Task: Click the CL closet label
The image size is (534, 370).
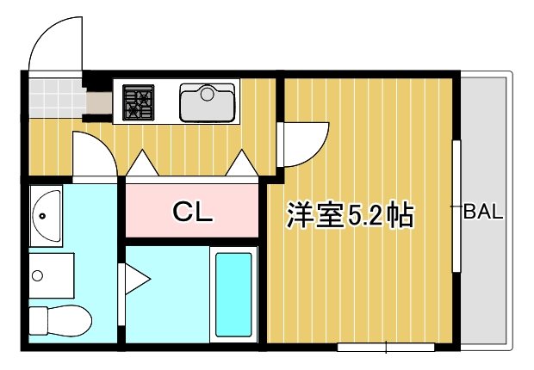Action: point(192,211)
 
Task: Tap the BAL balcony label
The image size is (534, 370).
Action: point(482,212)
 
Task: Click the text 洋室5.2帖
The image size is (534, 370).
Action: point(351,215)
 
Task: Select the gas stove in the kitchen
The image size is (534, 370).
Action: point(137,102)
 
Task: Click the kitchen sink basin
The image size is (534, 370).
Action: point(207,102)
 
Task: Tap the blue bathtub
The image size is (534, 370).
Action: point(233,295)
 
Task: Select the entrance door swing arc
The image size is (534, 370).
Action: point(53,47)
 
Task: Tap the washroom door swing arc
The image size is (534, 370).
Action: point(93,155)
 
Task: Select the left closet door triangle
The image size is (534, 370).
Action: point(141,161)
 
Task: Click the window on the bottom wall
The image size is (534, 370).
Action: point(385,347)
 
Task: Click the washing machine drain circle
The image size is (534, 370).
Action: point(37,276)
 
